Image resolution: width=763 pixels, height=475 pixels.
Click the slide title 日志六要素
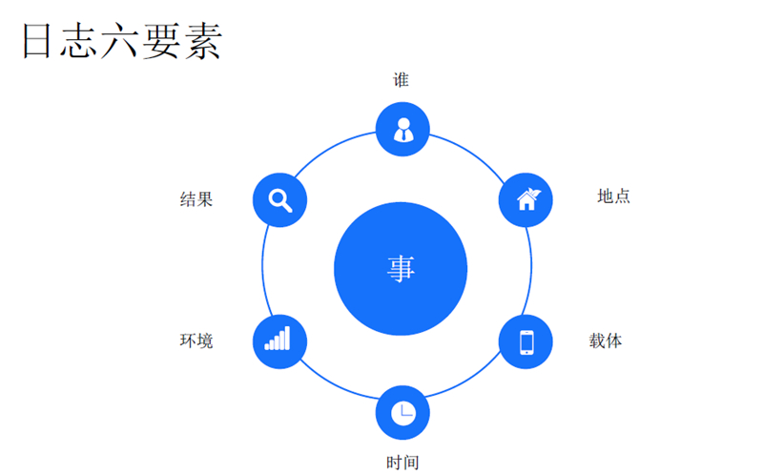click(x=121, y=43)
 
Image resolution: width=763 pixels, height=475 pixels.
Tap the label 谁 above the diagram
click(x=402, y=80)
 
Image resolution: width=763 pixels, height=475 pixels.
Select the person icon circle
click(x=402, y=129)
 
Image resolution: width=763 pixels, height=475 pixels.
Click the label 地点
click(x=613, y=196)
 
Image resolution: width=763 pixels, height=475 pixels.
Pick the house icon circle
click(x=526, y=199)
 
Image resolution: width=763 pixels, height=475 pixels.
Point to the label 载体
click(x=606, y=341)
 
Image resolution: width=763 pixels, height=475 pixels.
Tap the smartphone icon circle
click(x=526, y=341)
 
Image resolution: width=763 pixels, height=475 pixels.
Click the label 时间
click(x=402, y=463)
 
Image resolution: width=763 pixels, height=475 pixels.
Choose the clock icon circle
click(x=402, y=412)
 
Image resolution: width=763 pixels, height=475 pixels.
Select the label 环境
click(x=196, y=341)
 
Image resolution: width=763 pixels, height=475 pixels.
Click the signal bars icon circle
click(x=278, y=341)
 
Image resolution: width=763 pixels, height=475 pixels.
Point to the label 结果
click(x=196, y=199)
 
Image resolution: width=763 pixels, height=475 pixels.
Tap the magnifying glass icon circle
click(x=279, y=200)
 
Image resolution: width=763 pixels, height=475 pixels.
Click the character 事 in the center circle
click(x=402, y=269)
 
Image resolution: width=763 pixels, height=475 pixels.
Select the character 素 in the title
click(x=202, y=43)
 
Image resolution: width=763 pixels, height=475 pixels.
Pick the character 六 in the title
click(x=121, y=43)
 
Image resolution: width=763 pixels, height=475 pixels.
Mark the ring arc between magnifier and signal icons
click(x=262, y=270)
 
